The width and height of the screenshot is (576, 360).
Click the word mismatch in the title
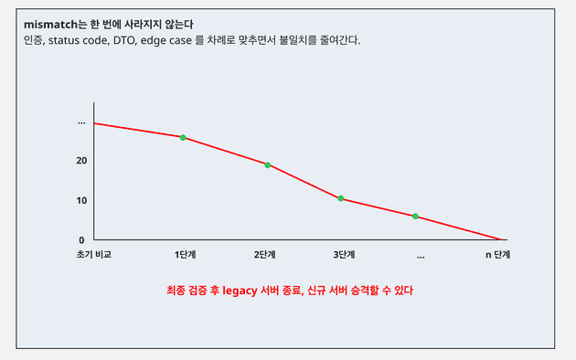click(x=51, y=23)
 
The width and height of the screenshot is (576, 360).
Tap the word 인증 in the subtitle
click(x=35, y=40)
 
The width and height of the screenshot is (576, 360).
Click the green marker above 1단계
click(x=183, y=138)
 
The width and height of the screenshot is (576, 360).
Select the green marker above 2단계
click(x=267, y=164)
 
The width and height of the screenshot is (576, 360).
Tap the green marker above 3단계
click(x=341, y=198)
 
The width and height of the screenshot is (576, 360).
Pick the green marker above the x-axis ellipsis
click(x=415, y=217)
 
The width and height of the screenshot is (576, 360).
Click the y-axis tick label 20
click(x=81, y=161)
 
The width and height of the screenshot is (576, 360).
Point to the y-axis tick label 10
click(x=81, y=201)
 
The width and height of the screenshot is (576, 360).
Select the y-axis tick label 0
click(x=81, y=239)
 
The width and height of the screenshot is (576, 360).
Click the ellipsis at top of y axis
click(x=81, y=122)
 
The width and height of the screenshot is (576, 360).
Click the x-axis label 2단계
click(x=265, y=255)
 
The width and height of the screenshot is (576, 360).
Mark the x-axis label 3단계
click(x=344, y=255)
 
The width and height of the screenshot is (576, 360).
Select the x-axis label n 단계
click(x=497, y=255)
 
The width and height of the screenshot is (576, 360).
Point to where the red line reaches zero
click(x=502, y=239)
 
